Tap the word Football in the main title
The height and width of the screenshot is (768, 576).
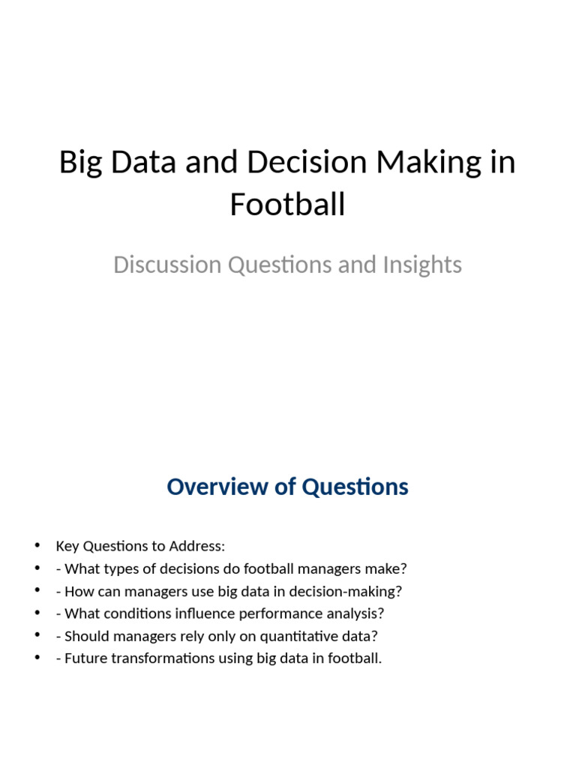[287, 204]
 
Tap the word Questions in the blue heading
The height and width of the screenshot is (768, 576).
[355, 487]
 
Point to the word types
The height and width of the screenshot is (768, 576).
[115, 568]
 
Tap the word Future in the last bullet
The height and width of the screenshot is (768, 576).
[85, 659]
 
